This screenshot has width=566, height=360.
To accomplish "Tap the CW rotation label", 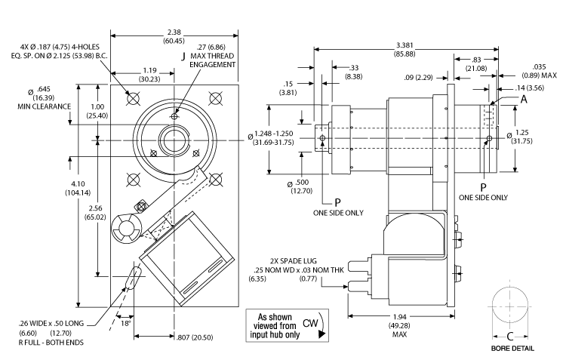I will click(x=309, y=323).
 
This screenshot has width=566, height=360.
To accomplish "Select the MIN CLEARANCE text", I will click(x=45, y=106).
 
